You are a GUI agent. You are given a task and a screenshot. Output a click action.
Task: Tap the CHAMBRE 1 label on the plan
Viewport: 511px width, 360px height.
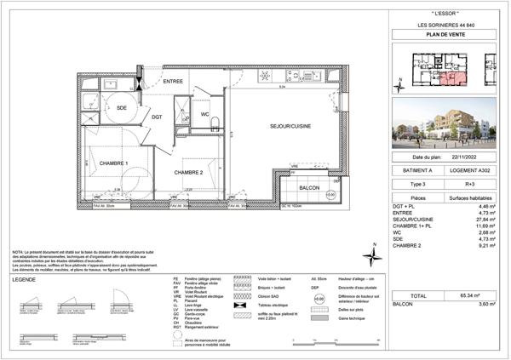coord(113,163)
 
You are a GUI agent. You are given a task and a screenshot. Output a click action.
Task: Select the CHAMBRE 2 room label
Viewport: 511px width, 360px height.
coord(187,172)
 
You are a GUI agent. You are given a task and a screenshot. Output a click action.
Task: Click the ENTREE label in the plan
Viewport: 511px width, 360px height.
coord(174,81)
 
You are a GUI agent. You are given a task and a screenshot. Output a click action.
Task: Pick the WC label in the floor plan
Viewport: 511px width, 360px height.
coord(204,114)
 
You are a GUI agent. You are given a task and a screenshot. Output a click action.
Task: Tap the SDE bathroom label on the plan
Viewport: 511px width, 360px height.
coord(122,108)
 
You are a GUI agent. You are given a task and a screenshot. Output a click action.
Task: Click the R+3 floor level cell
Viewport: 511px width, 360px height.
coord(465,183)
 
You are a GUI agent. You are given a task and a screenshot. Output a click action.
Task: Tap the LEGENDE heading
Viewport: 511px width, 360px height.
coord(25,277)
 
